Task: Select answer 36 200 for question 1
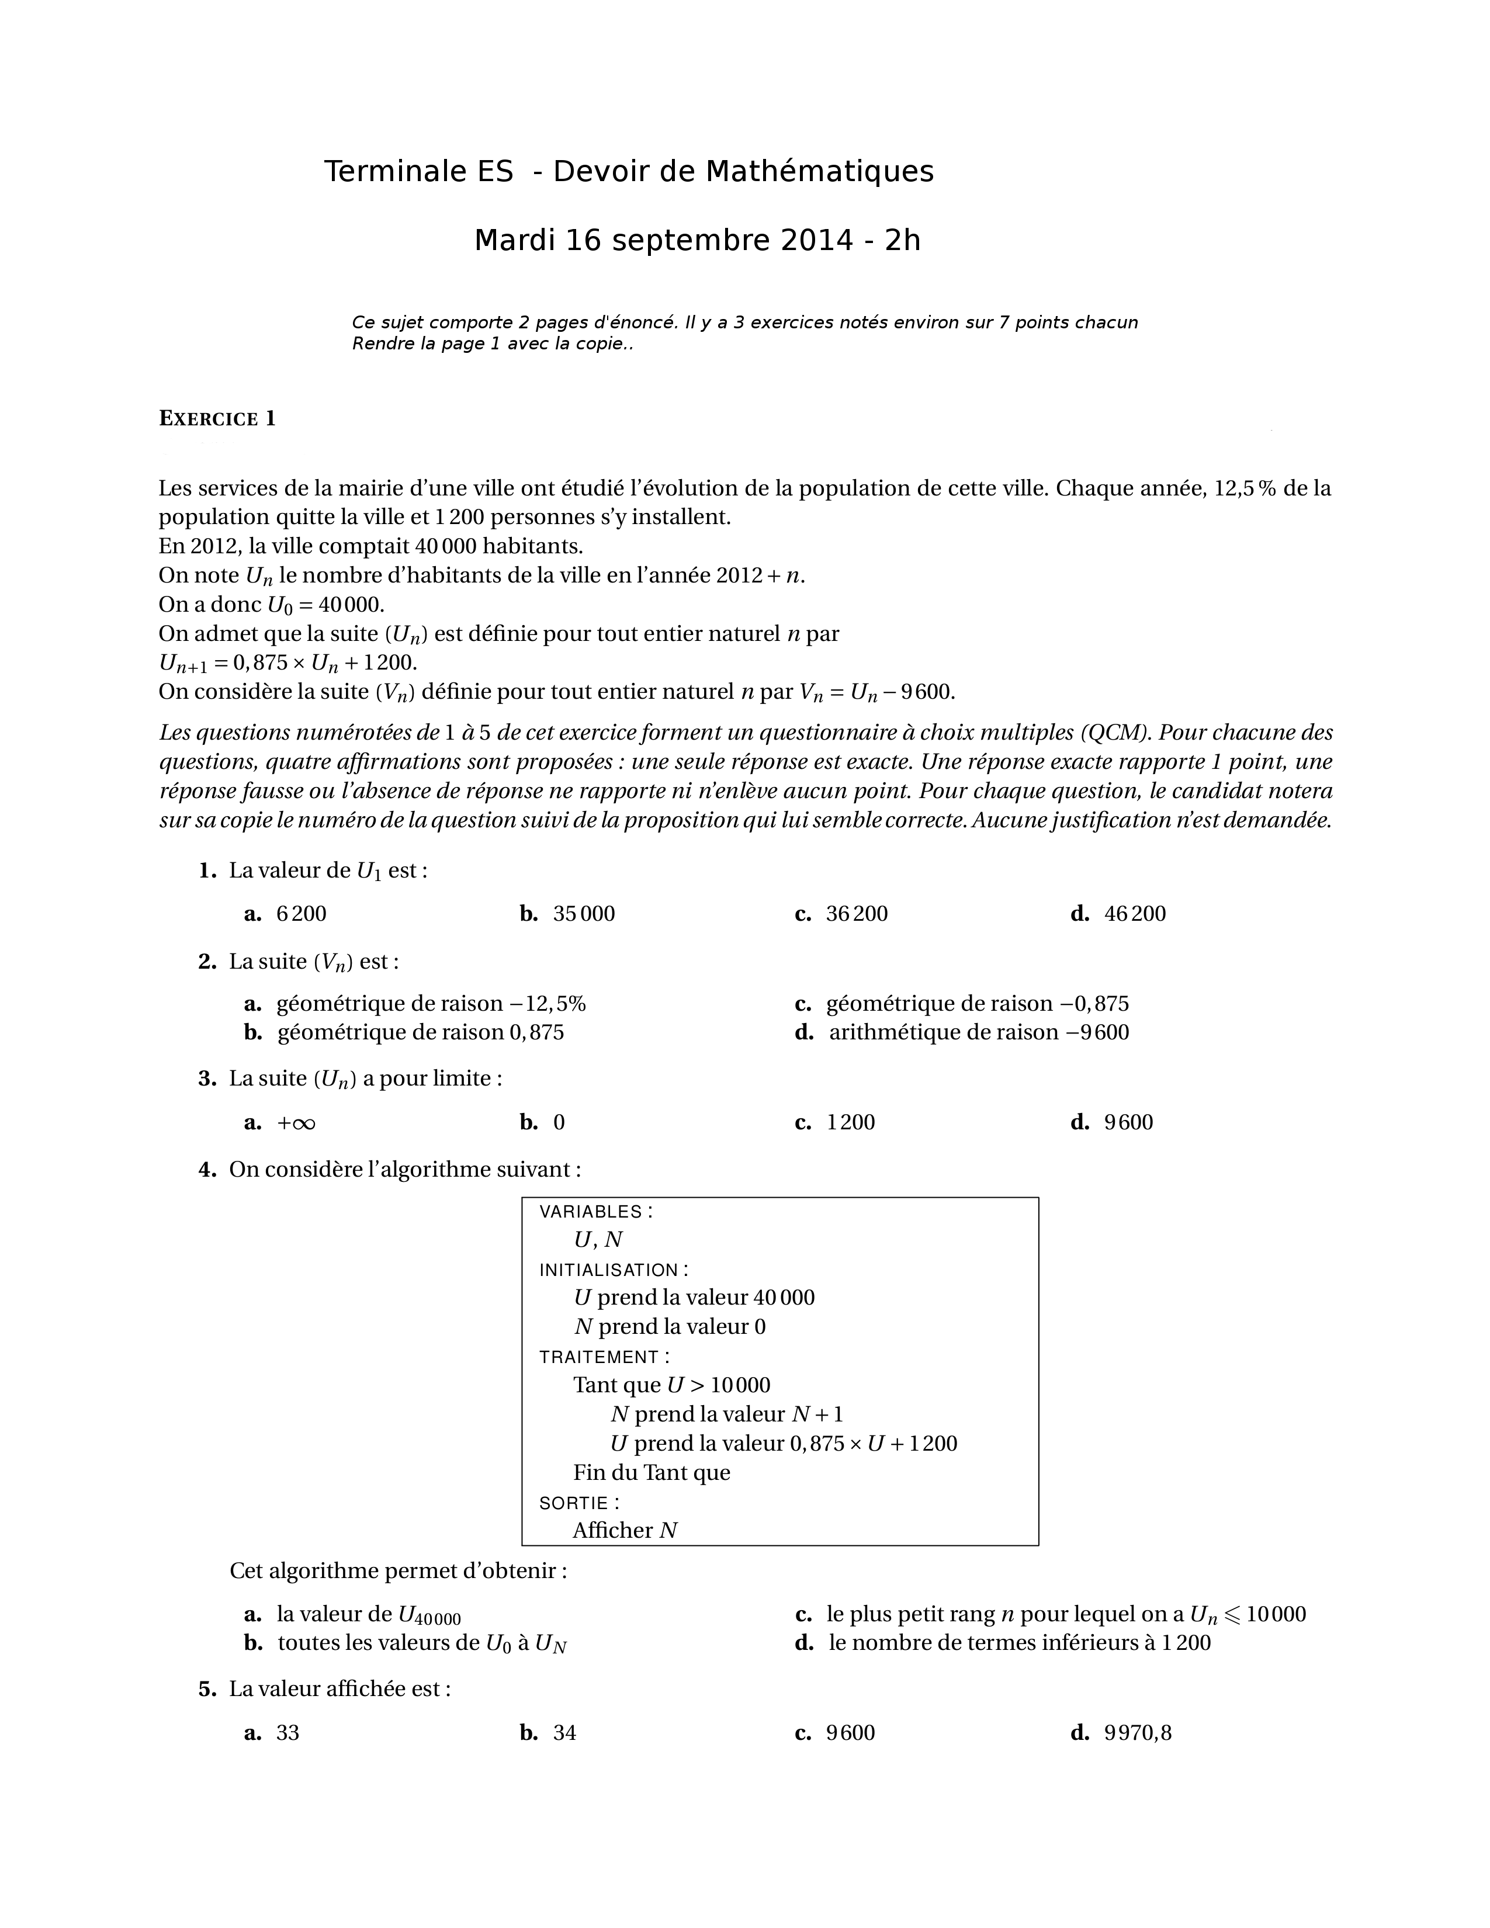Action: (856, 914)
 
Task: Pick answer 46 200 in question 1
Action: (1134, 914)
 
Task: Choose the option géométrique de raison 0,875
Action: (420, 1032)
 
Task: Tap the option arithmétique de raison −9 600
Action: (978, 1032)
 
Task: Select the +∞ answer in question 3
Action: (296, 1123)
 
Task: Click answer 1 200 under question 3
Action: (850, 1123)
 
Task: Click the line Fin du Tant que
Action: (652, 1472)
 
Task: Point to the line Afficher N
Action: (625, 1531)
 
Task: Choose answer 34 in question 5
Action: (564, 1733)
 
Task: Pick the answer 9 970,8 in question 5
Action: (1137, 1733)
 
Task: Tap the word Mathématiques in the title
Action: (819, 171)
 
